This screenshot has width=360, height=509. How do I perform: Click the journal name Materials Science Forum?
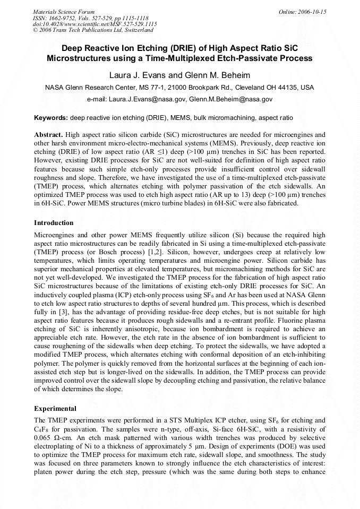click(x=64, y=12)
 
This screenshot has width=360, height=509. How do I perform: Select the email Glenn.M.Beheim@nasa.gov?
click(x=231, y=99)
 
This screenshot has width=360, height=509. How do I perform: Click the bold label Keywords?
click(x=51, y=117)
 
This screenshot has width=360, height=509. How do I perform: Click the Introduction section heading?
click(x=54, y=222)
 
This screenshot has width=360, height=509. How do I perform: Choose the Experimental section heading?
click(x=55, y=409)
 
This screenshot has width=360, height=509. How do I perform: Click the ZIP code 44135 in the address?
click(x=287, y=88)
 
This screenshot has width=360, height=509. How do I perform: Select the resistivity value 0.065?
click(x=44, y=438)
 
